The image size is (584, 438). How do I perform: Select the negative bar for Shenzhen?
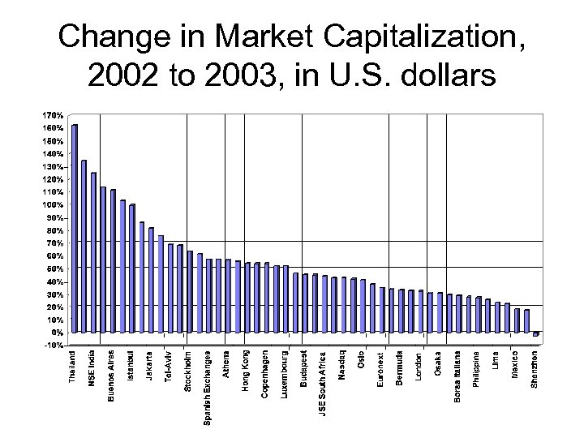coord(535,334)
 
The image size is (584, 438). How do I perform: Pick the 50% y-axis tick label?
coord(51,268)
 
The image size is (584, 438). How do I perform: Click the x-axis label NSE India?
coord(93,369)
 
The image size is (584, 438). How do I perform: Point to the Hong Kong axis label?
coord(247,371)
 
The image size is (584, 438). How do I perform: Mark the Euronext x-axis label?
coord(380,368)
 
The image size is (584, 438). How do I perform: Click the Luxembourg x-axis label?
coord(285,373)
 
